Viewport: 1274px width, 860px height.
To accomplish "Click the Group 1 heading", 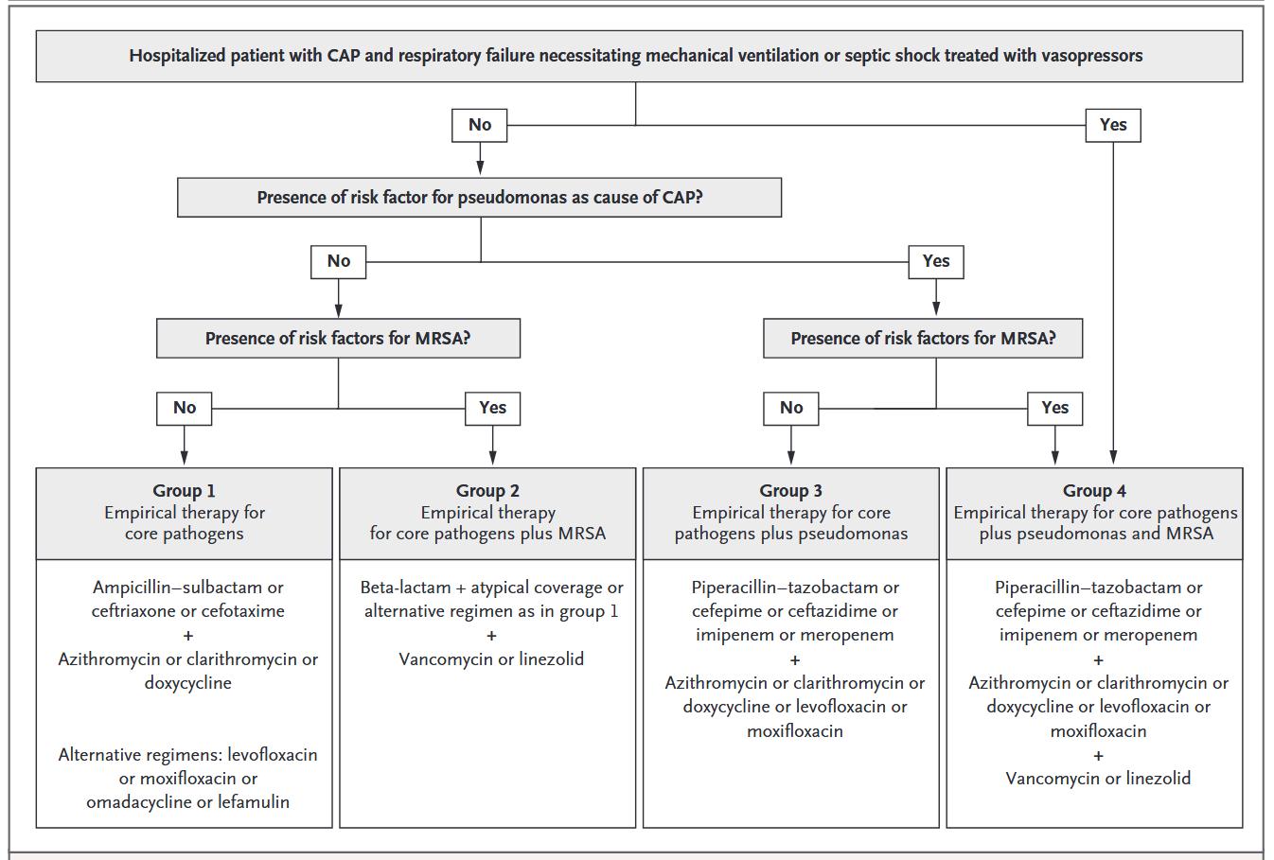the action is point(184,490).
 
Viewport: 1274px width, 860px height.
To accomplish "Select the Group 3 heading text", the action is point(790,490).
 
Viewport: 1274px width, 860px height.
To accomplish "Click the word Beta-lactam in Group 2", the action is point(405,588).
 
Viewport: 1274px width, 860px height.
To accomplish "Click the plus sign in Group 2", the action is point(491,636).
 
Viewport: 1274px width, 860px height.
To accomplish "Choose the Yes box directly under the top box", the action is point(1113,125).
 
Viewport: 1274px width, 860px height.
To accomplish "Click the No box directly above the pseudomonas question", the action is point(480,125).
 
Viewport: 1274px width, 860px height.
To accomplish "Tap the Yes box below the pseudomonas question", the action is point(936,261).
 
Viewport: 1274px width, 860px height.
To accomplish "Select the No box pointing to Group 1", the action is point(185,408).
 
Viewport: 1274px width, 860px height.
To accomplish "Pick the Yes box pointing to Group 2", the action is point(492,408).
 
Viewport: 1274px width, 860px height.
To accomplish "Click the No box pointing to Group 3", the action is point(791,408).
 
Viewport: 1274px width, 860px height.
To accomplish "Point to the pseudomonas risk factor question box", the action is point(480,197).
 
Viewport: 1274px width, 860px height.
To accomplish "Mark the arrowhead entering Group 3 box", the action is point(791,458).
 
